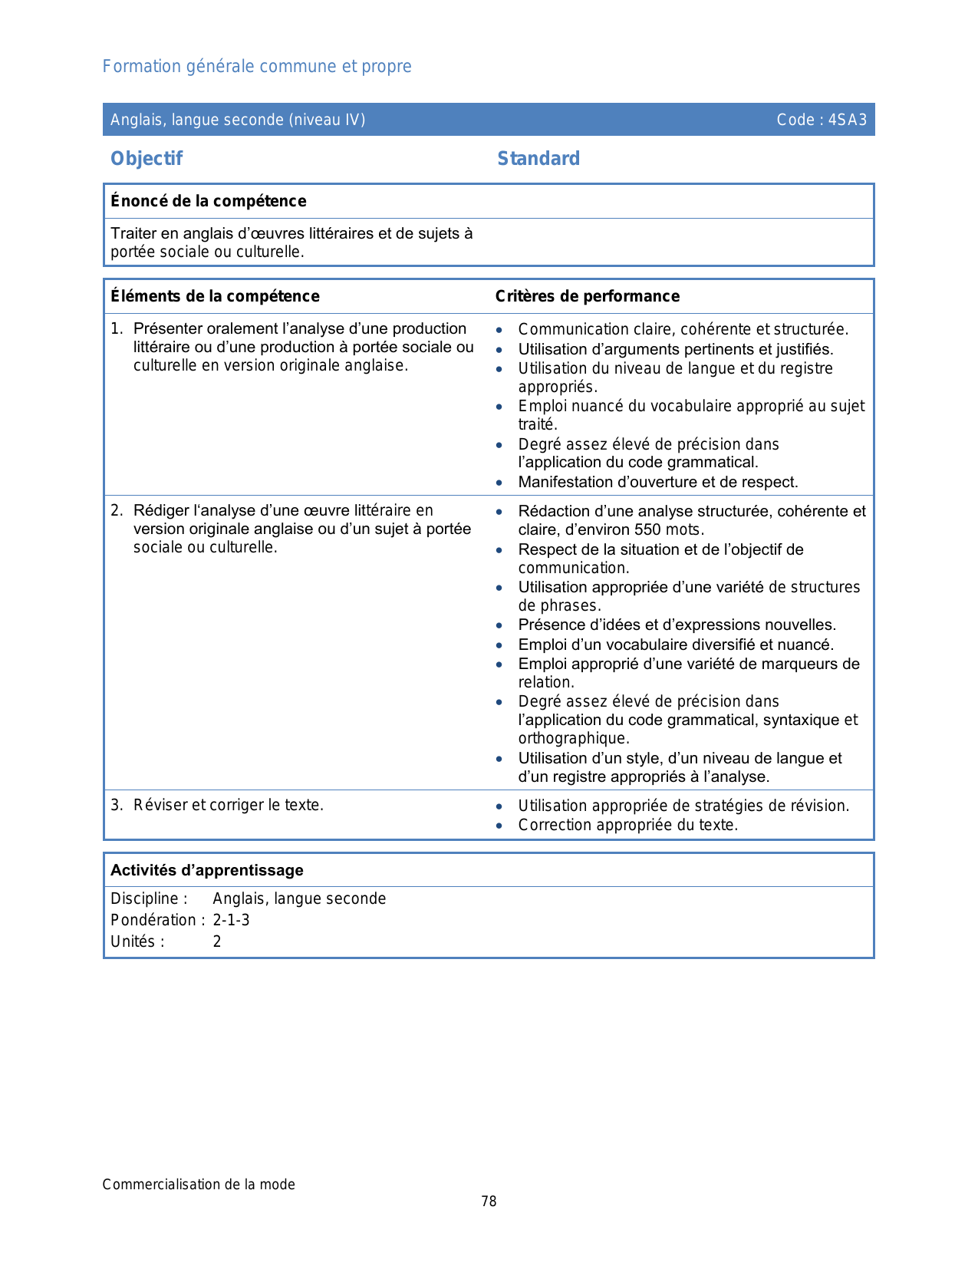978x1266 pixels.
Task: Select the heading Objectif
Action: tap(147, 159)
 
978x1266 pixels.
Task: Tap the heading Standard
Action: tap(538, 159)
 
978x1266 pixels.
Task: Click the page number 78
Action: tap(489, 1202)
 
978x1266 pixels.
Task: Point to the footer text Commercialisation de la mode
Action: tap(199, 1185)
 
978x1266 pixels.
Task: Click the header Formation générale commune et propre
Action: tap(257, 67)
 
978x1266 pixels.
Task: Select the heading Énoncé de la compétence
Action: tap(208, 201)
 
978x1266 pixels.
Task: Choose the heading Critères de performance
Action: tap(587, 296)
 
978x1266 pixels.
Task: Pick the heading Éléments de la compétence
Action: tap(215, 296)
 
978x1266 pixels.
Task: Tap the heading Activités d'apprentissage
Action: tap(206, 870)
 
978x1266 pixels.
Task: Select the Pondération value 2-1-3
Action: tap(231, 920)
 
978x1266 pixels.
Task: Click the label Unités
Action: tap(137, 941)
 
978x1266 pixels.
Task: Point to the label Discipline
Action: tap(149, 898)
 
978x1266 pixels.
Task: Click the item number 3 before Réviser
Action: tap(115, 805)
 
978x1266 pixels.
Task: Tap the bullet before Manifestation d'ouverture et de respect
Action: tap(499, 483)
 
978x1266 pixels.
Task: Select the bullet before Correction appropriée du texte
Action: tap(499, 826)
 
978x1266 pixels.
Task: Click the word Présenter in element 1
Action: tap(167, 328)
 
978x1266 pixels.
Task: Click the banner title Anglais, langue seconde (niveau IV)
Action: tap(238, 120)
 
